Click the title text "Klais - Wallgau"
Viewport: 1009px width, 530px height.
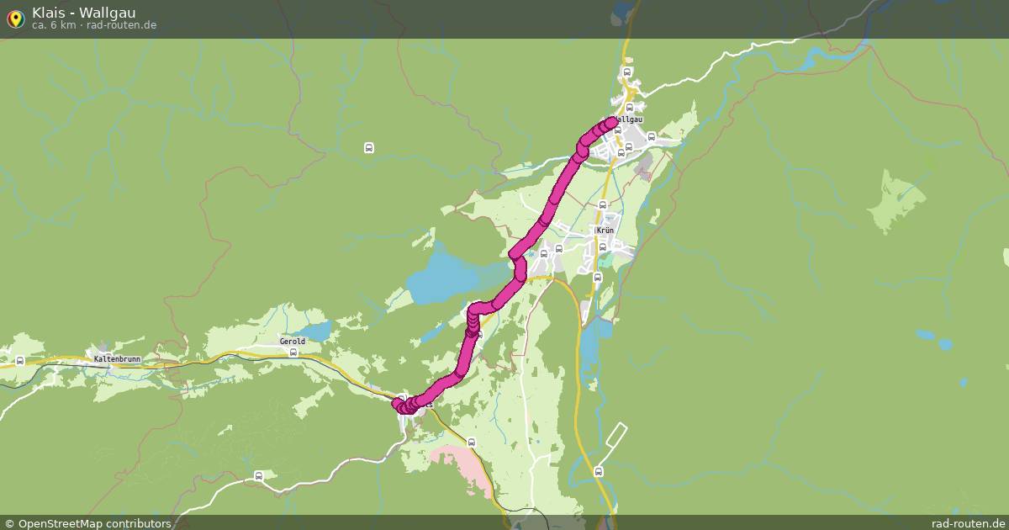pyautogui.click(x=84, y=13)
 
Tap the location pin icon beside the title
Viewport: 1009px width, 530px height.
pyautogui.click(x=15, y=19)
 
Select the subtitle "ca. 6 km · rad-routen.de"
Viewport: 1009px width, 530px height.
pyautogui.click(x=94, y=25)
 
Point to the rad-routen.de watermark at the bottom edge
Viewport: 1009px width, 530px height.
pyautogui.click(x=967, y=523)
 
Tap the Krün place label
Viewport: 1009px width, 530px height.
pyautogui.click(x=605, y=230)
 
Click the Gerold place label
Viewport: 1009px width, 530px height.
pyautogui.click(x=293, y=342)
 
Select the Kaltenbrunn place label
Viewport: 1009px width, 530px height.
pyautogui.click(x=117, y=358)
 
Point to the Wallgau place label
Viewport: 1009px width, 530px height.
pyautogui.click(x=629, y=119)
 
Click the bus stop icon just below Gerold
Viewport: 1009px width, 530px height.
pyautogui.click(x=293, y=353)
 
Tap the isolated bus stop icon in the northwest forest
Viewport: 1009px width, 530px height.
pyautogui.click(x=368, y=148)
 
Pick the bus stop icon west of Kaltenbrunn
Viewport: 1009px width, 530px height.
pyautogui.click(x=19, y=361)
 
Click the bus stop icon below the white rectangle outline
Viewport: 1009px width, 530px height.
pyautogui.click(x=598, y=471)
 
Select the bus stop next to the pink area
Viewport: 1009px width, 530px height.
pyautogui.click(x=471, y=442)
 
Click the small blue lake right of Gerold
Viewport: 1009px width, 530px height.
pyautogui.click(x=317, y=331)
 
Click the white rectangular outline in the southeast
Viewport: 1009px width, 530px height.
pyautogui.click(x=616, y=435)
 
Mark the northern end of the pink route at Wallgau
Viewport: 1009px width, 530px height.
pyautogui.click(x=611, y=122)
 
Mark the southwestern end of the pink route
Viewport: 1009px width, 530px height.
pyautogui.click(x=399, y=405)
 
